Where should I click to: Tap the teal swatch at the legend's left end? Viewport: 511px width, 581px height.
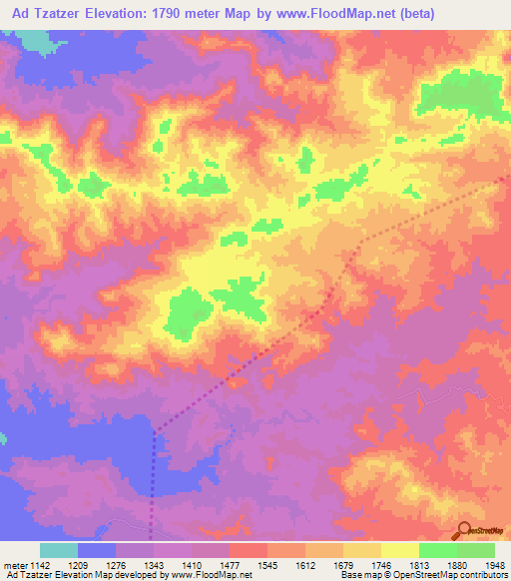click(x=59, y=550)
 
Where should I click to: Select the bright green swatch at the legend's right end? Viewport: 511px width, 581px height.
click(x=476, y=550)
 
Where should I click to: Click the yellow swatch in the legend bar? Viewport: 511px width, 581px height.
click(x=400, y=550)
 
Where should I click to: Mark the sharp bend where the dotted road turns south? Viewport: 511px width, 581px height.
click(x=155, y=432)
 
